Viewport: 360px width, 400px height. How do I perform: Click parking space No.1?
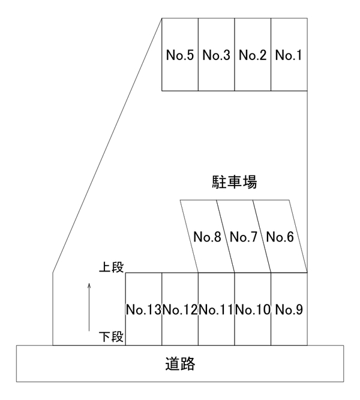289,54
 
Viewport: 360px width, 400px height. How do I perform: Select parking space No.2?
253,54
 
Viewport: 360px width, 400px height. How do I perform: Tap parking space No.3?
217,54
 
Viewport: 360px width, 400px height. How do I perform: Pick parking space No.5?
180,54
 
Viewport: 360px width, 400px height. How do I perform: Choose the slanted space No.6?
280,236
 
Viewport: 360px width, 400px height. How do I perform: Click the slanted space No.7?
244,236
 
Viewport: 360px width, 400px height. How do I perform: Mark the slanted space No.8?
208,236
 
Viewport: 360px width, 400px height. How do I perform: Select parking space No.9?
289,309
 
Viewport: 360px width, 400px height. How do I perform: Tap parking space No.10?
253,309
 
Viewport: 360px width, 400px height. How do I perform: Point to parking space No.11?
217,309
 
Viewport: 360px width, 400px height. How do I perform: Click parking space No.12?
180,309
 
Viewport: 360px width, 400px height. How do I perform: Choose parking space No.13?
143,309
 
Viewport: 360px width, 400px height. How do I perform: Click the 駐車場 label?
235,182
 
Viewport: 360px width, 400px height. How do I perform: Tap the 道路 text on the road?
180,363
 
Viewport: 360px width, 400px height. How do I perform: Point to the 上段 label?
112,267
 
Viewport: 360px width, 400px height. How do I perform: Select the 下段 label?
112,336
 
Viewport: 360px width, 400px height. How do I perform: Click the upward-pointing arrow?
89,307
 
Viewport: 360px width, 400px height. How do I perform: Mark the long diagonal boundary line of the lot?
107,145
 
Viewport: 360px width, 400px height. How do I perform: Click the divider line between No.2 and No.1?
271,54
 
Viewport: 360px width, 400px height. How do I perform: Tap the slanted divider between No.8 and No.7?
226,236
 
